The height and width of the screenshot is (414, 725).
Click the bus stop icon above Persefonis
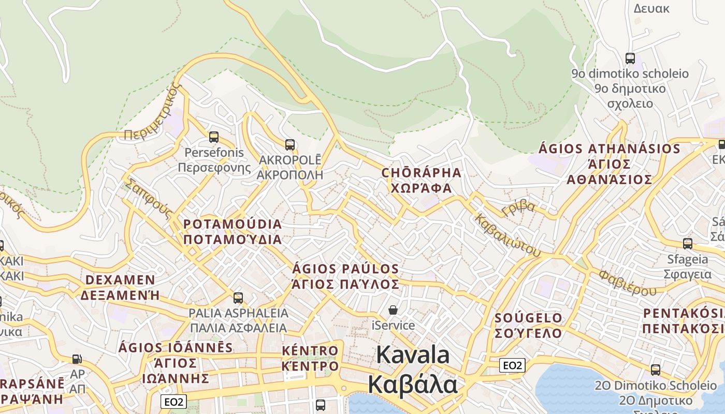coord(213,137)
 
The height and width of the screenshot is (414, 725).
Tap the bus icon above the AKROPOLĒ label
coord(290,145)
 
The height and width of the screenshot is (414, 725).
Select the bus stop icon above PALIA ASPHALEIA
coord(238,298)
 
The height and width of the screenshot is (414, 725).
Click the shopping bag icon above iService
coord(393,310)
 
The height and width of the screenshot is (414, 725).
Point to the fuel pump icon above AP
coord(77,359)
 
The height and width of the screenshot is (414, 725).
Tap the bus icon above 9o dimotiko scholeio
coord(630,58)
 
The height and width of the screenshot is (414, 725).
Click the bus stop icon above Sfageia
coord(688,243)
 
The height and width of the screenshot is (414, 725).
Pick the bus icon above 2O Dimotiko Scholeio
coord(656,369)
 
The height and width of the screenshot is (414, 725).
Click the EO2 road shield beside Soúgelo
coord(512,365)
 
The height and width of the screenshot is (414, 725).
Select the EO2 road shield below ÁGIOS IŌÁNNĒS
coord(173,402)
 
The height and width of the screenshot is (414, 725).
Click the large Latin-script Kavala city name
coord(413,356)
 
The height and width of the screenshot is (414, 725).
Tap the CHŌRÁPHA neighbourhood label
coord(421,172)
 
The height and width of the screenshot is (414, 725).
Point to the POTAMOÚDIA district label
coord(233,225)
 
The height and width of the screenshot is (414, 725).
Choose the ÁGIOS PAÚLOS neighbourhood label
coord(346,269)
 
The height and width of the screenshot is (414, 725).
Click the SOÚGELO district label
coord(528,318)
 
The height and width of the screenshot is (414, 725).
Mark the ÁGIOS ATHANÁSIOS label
coord(610,149)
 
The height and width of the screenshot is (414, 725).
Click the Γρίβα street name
coord(518,208)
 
